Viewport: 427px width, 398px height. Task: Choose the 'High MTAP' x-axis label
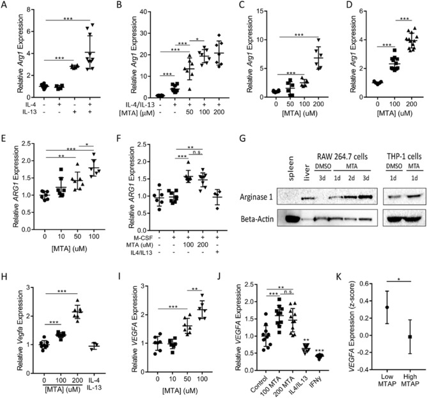(409, 381)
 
